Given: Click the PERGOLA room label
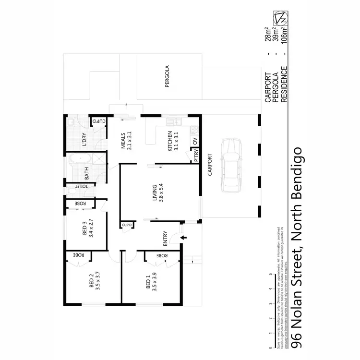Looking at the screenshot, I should (x=168, y=78).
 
